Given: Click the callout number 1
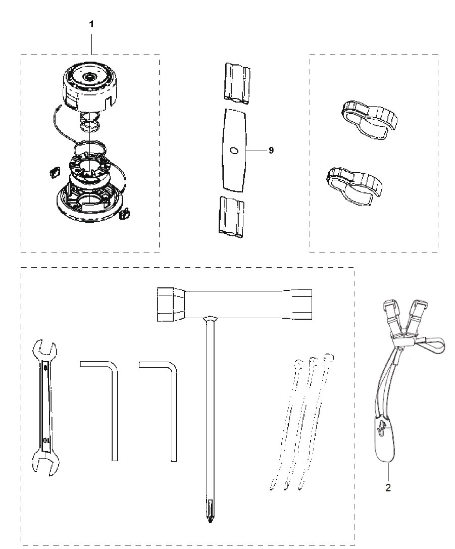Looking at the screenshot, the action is [x=91, y=24].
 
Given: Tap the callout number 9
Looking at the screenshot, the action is [x=271, y=150].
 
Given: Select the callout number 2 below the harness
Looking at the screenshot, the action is [x=388, y=487].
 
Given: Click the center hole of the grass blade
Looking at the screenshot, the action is [x=233, y=150].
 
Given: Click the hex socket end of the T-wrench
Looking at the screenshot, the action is [x=171, y=304].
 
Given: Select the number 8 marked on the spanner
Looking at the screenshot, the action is [x=45, y=368].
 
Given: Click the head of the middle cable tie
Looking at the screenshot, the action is [x=313, y=361].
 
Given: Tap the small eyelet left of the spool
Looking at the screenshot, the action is [x=54, y=172].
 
